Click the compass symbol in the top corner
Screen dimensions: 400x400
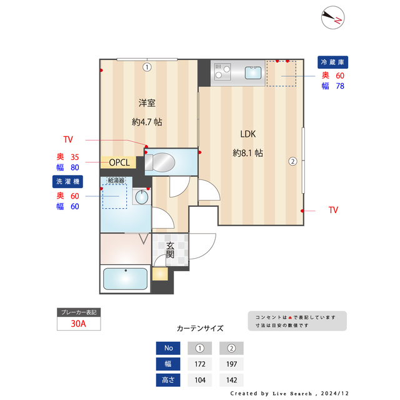pos(332,18)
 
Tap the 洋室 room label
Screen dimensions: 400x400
pos(147,102)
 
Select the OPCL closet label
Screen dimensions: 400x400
pos(119,162)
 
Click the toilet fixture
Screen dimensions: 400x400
pos(164,162)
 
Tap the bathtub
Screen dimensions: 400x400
pos(124,279)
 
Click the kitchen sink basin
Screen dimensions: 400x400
pos(253,73)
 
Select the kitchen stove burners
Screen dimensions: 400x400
pos(222,72)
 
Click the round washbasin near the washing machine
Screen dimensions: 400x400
pos(141,197)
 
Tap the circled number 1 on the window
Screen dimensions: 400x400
pos(147,67)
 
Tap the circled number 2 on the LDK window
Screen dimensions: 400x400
pos(292,161)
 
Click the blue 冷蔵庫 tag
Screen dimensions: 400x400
pos(332,62)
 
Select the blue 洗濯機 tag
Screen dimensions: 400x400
pos(67,182)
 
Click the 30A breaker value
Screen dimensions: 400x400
pos(78,324)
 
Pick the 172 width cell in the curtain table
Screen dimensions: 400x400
pos(200,364)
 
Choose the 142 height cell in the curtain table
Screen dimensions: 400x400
pos(231,379)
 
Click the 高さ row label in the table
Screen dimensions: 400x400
pos(167,379)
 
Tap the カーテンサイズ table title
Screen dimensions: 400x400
pos(200,328)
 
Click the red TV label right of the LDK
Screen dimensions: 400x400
pos(333,211)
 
